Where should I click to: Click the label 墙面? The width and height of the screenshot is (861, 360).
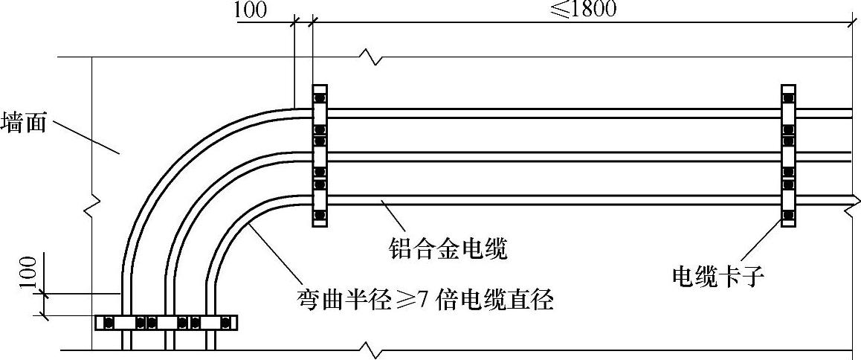(x=24, y=122)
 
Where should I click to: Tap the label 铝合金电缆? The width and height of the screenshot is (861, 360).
(x=448, y=248)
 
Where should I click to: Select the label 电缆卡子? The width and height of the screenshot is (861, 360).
(x=718, y=277)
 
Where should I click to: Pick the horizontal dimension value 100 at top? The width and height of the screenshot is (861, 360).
(x=251, y=10)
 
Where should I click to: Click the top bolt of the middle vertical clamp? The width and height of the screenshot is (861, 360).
(x=320, y=98)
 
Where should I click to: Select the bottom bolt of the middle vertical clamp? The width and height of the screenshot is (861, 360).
(x=320, y=216)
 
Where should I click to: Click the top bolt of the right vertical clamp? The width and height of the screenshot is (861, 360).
(x=789, y=98)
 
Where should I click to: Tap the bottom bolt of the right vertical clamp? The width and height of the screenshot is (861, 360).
(x=789, y=216)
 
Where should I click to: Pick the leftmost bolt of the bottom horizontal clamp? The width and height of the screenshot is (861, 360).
(x=109, y=323)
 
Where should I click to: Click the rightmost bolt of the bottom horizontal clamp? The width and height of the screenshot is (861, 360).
(x=225, y=323)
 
